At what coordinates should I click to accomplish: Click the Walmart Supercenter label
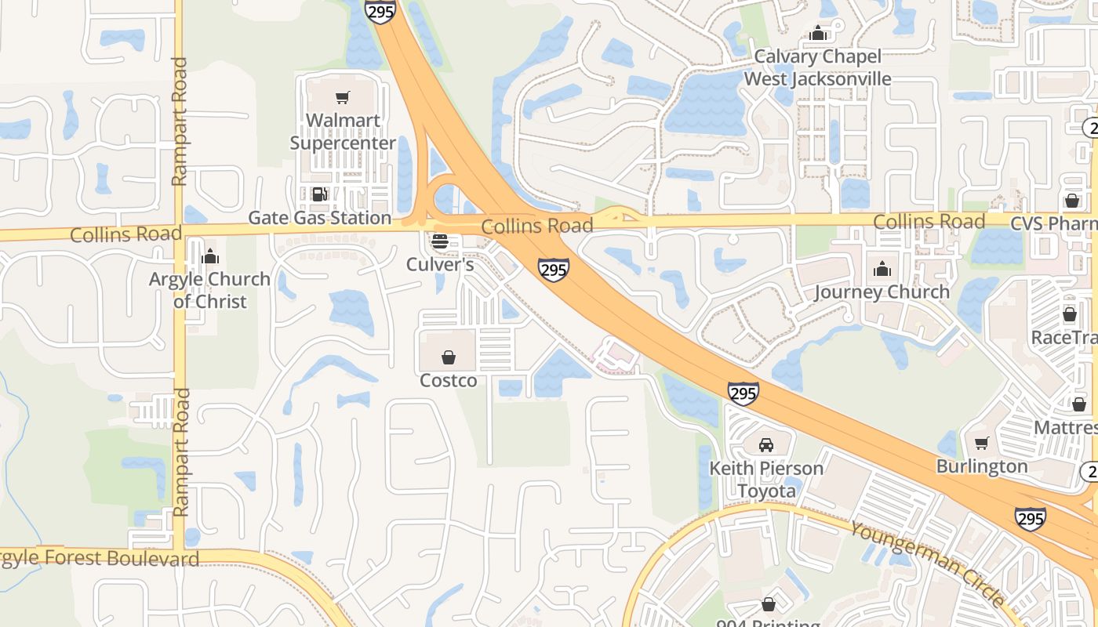tap(343, 132)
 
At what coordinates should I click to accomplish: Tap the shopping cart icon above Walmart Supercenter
tap(343, 98)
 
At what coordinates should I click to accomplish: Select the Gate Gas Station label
tap(319, 218)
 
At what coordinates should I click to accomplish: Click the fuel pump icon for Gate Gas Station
tap(319, 194)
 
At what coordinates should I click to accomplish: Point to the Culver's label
tap(440, 265)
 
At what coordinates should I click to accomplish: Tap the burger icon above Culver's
tap(440, 241)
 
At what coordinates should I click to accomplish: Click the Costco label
tap(449, 381)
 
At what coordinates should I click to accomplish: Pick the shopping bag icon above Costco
tap(449, 357)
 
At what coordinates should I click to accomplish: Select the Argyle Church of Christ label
tap(210, 290)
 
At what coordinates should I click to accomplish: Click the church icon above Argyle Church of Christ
tap(210, 256)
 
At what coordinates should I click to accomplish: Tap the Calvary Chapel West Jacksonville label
tap(818, 67)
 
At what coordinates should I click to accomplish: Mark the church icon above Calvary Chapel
tap(819, 33)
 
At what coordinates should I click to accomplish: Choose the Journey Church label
tap(882, 292)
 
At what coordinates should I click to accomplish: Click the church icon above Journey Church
tap(882, 269)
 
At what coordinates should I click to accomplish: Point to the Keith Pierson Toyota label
tap(766, 480)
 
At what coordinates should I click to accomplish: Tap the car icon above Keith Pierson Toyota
tap(766, 445)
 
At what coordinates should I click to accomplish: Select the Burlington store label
tap(982, 466)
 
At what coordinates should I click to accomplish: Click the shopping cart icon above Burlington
tap(982, 443)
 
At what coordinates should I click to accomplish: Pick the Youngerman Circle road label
tap(927, 563)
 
